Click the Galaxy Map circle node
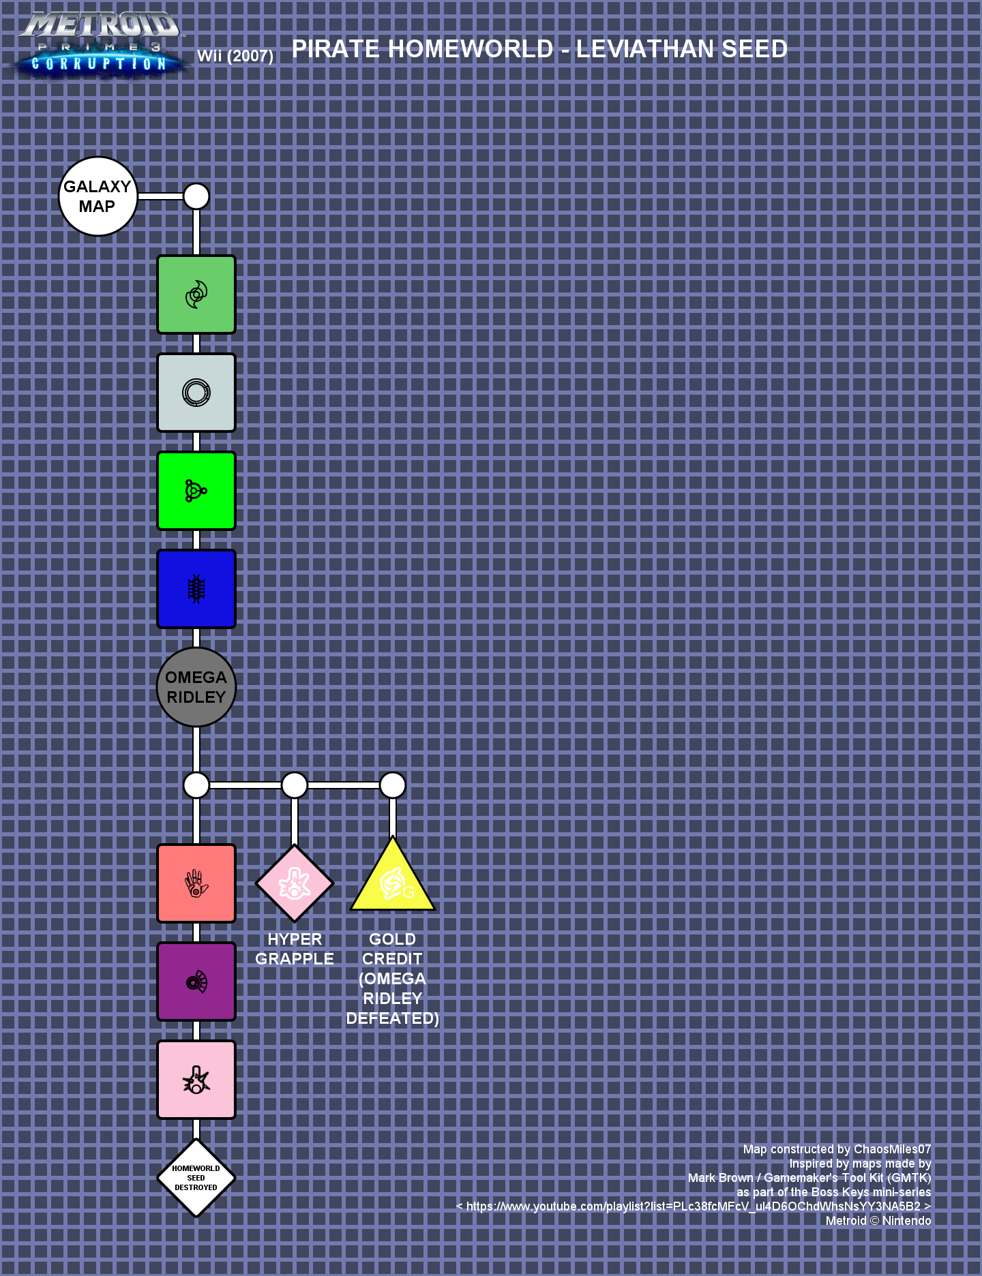[x=98, y=196]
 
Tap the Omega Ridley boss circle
[x=196, y=687]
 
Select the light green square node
[x=196, y=294]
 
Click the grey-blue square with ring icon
[x=196, y=393]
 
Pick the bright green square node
[x=196, y=491]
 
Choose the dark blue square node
[x=196, y=589]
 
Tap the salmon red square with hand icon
[x=196, y=883]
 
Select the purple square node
[x=196, y=982]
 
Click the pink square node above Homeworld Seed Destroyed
[x=196, y=1080]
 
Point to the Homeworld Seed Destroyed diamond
[x=196, y=1178]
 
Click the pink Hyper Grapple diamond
[x=295, y=883]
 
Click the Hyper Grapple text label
[x=295, y=949]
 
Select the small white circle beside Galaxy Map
[x=196, y=196]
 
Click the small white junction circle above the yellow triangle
[x=393, y=785]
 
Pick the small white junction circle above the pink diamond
[x=295, y=785]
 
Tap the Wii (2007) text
[x=235, y=56]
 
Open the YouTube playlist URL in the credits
[x=694, y=1206]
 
